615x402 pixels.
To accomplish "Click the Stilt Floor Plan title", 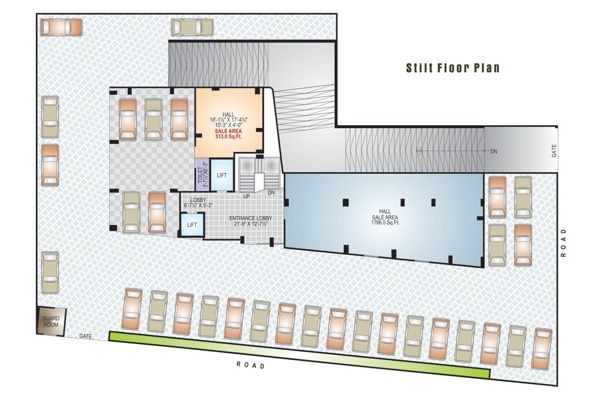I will (x=453, y=68).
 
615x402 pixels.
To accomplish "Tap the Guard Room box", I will (x=51, y=321).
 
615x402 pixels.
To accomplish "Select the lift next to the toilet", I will (x=222, y=174).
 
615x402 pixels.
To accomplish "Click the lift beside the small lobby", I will (x=192, y=225).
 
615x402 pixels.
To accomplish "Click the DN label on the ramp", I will (x=494, y=152).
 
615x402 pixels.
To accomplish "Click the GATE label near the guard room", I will (x=86, y=337).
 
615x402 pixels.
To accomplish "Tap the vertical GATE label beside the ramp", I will (x=553, y=151).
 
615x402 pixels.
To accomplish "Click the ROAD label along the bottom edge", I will (x=251, y=365).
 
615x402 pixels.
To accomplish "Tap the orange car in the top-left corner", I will (x=61, y=27).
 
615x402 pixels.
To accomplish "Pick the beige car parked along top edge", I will (x=192, y=27).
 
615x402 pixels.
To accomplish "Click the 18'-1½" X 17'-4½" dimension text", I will (x=228, y=120).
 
